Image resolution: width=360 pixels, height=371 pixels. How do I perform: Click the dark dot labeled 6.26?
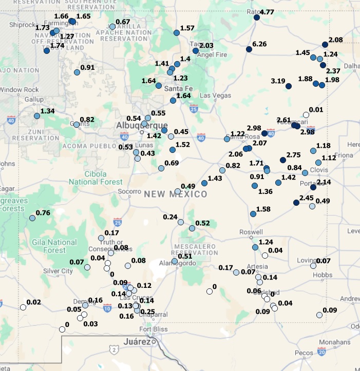click(x=249, y=49)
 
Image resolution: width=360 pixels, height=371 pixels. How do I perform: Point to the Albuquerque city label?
click(x=142, y=126)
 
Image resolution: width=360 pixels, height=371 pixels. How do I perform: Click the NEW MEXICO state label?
click(x=176, y=194)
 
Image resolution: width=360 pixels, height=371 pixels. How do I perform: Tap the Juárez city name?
click(x=136, y=341)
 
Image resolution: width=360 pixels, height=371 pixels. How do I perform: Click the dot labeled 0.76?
click(x=32, y=218)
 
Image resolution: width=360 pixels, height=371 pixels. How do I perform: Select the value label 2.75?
click(x=293, y=155)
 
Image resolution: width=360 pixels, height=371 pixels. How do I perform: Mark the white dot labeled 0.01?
click(x=306, y=115)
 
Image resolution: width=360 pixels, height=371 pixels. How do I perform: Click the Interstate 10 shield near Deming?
click(x=107, y=308)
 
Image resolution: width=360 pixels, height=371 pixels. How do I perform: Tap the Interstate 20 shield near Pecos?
click(x=321, y=352)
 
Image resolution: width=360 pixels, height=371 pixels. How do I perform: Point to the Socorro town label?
click(x=129, y=191)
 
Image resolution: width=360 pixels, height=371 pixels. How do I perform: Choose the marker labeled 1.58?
click(x=253, y=214)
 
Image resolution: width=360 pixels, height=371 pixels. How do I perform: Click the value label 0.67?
click(x=123, y=22)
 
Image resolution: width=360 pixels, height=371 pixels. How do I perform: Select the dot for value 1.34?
click(x=37, y=116)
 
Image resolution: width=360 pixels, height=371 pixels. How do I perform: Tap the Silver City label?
click(x=58, y=271)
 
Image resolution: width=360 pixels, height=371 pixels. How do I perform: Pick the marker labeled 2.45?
click(x=296, y=203)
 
